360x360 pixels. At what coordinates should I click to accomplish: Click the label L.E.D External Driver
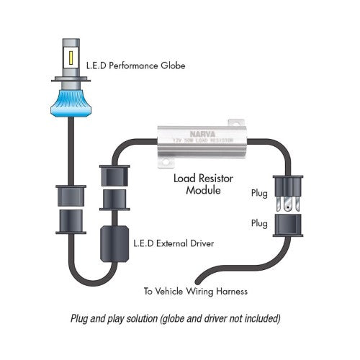point(167,243)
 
